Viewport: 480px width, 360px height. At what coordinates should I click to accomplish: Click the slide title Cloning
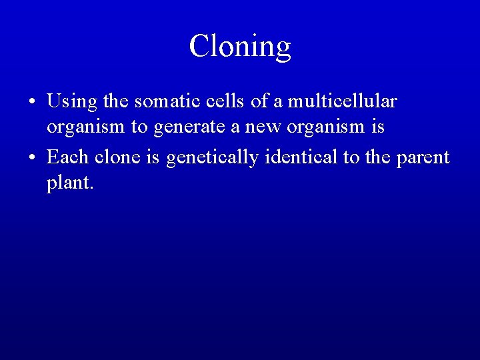click(x=240, y=47)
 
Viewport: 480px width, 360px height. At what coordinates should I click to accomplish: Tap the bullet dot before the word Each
click(x=31, y=158)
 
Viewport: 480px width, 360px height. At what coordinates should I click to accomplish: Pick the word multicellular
click(x=342, y=101)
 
